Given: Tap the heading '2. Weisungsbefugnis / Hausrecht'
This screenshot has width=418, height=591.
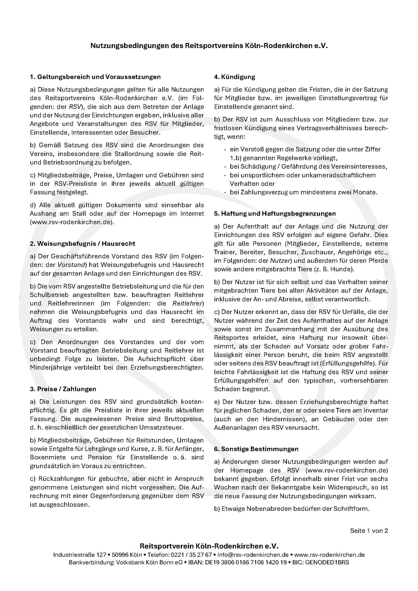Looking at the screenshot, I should click(82, 244).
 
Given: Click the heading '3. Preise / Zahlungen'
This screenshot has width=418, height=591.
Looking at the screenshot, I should click(63, 389).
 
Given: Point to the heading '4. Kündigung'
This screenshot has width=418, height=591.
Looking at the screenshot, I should click(235, 77).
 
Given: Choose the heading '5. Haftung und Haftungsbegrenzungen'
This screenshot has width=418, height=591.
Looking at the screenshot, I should click(275, 213).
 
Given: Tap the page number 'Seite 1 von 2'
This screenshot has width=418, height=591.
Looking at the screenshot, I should click(369, 531).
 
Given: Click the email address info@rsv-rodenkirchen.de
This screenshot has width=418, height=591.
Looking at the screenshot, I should click(253, 555).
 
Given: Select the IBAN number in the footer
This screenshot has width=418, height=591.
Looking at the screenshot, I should click(246, 562).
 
